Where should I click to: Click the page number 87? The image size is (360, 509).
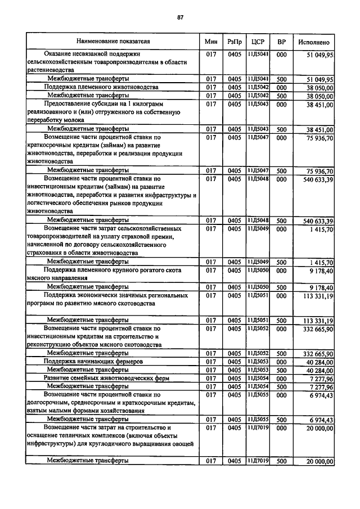pos(180,17)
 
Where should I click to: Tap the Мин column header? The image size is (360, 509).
pos(211,42)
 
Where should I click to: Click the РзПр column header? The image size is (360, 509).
pos(235,42)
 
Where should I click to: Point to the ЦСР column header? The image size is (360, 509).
pos(258,42)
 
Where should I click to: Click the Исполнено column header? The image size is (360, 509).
pos(314,42)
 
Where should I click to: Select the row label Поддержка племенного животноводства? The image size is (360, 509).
pos(93,88)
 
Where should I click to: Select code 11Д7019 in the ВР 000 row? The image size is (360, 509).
pos(258,428)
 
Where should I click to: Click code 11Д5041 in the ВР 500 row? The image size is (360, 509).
pos(258,79)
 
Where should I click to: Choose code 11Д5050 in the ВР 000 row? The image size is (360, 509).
pos(258,271)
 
